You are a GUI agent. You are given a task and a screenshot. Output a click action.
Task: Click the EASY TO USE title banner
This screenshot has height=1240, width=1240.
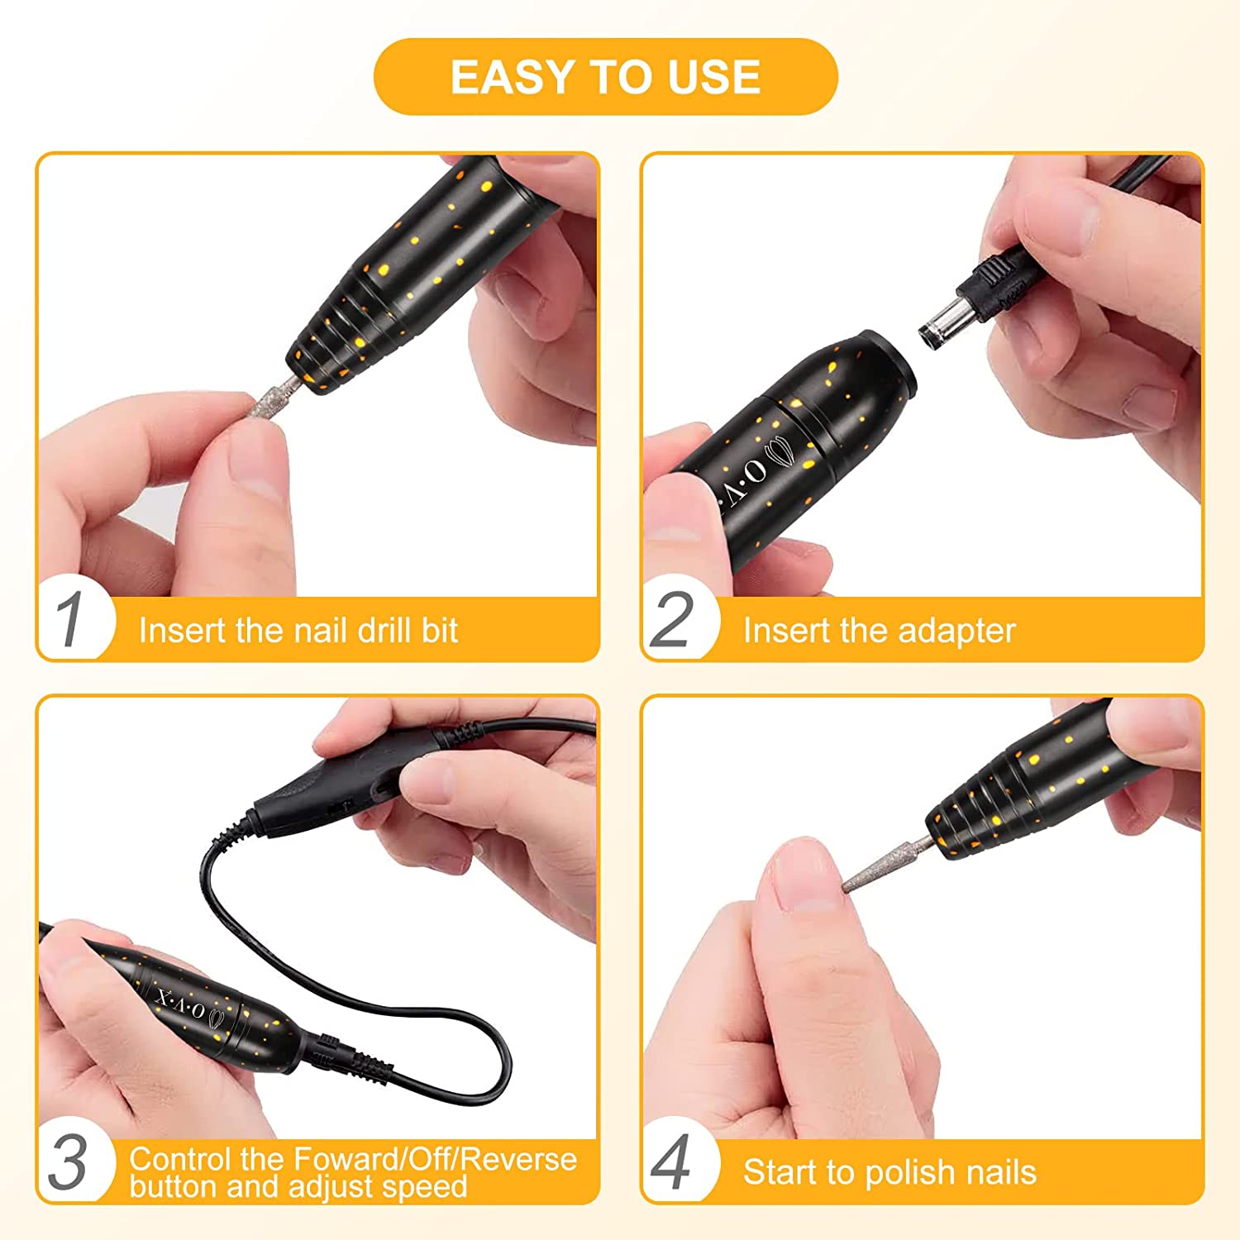click(606, 77)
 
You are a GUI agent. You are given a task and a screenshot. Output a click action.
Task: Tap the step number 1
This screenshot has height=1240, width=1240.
click(70, 621)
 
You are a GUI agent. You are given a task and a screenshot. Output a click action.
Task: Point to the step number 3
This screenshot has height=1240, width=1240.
click(68, 1163)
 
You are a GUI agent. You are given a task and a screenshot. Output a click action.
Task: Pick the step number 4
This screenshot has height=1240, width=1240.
click(671, 1163)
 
